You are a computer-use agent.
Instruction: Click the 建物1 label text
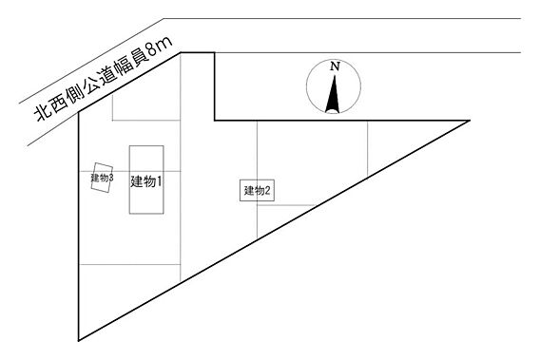(x=145, y=182)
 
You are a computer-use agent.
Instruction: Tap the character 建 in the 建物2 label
(x=249, y=191)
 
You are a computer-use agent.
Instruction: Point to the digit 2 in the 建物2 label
(x=269, y=191)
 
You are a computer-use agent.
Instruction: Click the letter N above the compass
(x=335, y=67)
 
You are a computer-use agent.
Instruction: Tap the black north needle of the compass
(x=333, y=96)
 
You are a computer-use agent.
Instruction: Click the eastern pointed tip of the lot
(x=471, y=121)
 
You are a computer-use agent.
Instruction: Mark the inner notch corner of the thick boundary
(x=216, y=121)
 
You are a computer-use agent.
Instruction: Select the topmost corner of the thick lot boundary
(x=182, y=52)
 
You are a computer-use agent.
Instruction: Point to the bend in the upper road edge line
(x=165, y=18)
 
